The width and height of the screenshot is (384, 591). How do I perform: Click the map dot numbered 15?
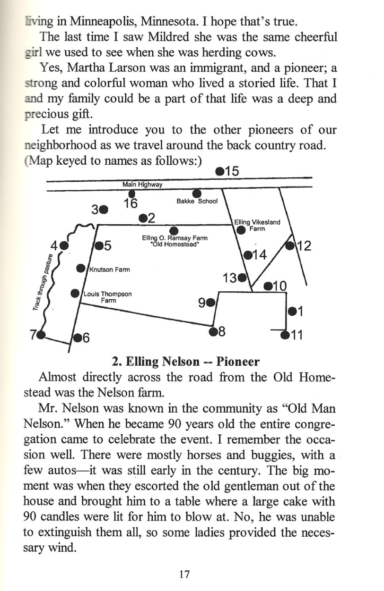(219, 171)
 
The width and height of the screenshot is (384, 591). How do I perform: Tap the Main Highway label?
(142, 185)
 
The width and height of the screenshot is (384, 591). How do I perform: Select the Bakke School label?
(197, 201)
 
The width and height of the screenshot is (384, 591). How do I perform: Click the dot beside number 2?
(143, 218)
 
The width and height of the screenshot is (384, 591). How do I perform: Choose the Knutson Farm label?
(110, 270)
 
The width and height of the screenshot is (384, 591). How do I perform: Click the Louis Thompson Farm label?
(107, 296)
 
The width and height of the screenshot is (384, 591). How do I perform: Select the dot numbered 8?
(213, 330)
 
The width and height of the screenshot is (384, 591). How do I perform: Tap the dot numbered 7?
(41, 335)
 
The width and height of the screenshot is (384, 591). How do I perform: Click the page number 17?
(184, 574)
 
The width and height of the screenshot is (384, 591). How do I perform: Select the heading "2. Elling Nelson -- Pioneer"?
(186, 362)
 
